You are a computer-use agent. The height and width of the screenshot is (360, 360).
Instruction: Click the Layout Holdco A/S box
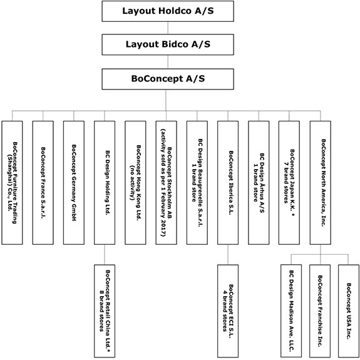pyautogui.click(x=168, y=11)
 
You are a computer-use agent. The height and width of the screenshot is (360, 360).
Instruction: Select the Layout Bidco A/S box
pyautogui.click(x=168, y=44)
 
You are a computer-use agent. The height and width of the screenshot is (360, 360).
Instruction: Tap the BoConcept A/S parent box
pyautogui.click(x=168, y=79)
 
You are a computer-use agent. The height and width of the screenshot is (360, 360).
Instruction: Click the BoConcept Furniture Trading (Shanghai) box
pyautogui.click(x=12, y=183)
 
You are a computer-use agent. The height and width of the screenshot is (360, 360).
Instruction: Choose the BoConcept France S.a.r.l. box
pyautogui.click(x=43, y=183)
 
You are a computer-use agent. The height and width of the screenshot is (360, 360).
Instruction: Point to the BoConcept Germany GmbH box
pyautogui.click(x=74, y=183)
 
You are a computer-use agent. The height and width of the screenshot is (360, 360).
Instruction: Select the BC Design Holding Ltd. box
pyautogui.click(x=105, y=183)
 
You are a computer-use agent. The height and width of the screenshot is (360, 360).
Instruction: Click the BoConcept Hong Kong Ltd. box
pyautogui.click(x=135, y=183)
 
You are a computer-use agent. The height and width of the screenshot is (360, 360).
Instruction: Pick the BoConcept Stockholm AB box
pyautogui.click(x=166, y=183)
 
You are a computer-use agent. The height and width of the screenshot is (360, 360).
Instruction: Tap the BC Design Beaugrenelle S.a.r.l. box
pyautogui.click(x=197, y=183)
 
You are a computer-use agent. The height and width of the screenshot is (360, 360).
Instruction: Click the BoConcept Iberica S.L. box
pyautogui.click(x=228, y=183)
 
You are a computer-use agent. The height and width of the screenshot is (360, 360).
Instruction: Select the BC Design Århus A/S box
pyautogui.click(x=259, y=183)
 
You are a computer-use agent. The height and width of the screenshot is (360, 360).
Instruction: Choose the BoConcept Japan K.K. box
pyautogui.click(x=289, y=183)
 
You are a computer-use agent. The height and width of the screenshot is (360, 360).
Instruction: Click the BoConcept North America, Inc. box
pyautogui.click(x=321, y=183)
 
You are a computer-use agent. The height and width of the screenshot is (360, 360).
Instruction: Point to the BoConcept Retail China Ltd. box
pyautogui.click(x=105, y=311)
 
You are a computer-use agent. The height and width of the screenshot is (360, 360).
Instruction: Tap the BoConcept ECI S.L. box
pyautogui.click(x=228, y=311)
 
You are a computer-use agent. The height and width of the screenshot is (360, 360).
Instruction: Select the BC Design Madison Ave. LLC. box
pyautogui.click(x=291, y=311)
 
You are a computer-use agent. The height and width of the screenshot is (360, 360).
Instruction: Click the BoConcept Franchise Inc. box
pyautogui.click(x=320, y=311)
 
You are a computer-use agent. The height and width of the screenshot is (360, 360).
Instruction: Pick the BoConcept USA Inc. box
pyautogui.click(x=349, y=311)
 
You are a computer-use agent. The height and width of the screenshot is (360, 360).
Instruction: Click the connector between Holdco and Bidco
pyautogui.click(x=168, y=28)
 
